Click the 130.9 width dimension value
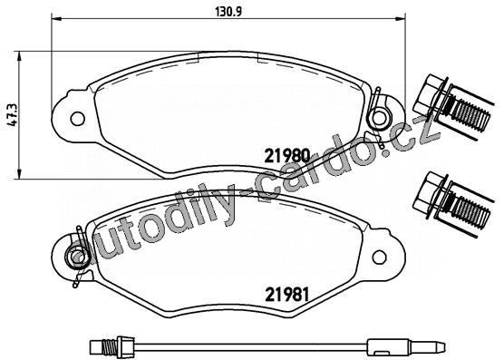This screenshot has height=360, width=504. [228, 12]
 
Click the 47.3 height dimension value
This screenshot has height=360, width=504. [15, 115]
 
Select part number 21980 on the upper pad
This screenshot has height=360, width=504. [287, 156]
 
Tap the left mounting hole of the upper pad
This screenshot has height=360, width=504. [77, 119]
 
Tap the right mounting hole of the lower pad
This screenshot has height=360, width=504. [379, 257]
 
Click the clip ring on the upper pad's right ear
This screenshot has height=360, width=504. [379, 118]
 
